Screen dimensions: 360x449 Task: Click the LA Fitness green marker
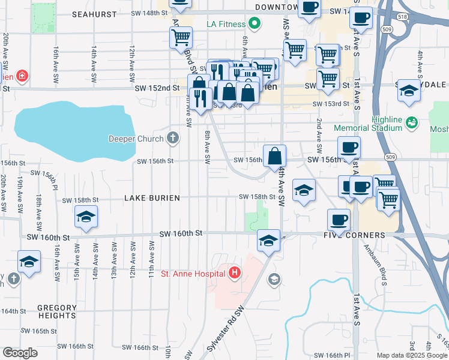click(x=255, y=24)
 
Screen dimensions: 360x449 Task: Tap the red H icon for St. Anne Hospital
click(x=234, y=274)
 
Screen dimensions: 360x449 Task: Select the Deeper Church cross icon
click(x=173, y=139)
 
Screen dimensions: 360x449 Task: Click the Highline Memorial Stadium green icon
click(x=411, y=122)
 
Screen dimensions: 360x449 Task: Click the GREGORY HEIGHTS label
click(x=57, y=313)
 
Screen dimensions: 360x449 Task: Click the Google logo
click(x=20, y=353)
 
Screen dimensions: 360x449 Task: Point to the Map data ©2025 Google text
click(x=412, y=355)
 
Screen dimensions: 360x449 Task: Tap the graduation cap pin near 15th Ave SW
click(x=86, y=217)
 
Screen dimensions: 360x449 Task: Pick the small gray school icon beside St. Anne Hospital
click(x=274, y=278)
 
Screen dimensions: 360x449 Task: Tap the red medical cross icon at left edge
click(x=22, y=76)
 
